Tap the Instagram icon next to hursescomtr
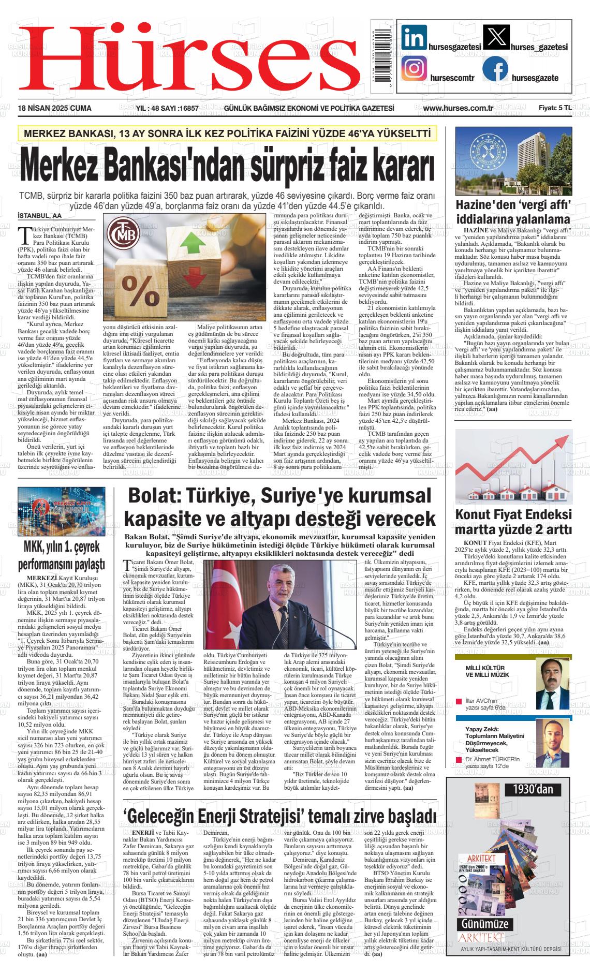tap(415, 69)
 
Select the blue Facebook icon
tap(495, 69)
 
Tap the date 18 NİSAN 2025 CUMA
tap(54, 108)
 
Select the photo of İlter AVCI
tap(553, 684)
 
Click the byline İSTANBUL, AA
tap(39, 215)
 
